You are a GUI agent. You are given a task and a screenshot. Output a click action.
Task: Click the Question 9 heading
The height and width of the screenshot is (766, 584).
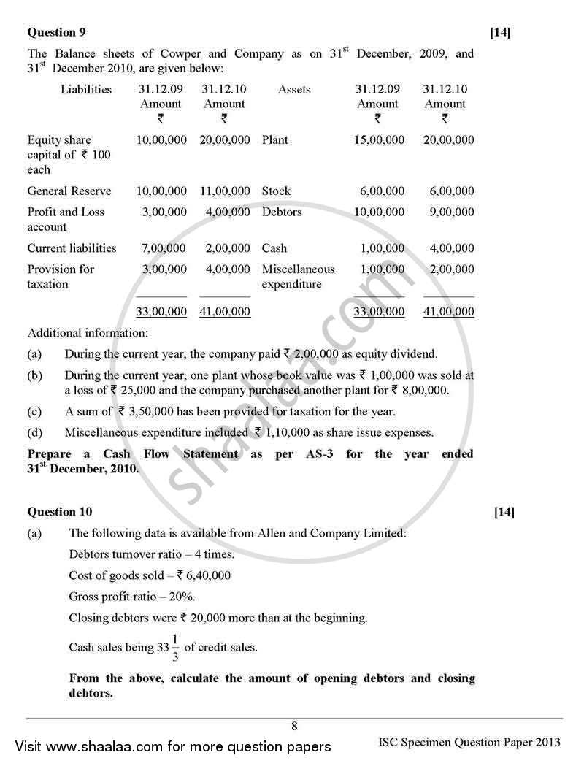[52, 32]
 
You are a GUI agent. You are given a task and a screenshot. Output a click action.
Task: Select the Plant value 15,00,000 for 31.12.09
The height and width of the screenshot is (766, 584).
[379, 139]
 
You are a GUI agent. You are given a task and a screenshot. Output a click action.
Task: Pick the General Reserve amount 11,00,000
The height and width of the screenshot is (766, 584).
[225, 191]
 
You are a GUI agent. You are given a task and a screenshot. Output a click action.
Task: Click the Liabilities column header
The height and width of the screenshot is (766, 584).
[86, 89]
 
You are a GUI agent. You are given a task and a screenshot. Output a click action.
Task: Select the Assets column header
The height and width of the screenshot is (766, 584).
[294, 90]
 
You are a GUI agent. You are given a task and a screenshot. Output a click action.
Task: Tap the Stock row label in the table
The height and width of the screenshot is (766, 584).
[276, 191]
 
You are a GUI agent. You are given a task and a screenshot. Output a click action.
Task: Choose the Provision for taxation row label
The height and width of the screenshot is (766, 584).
[61, 276]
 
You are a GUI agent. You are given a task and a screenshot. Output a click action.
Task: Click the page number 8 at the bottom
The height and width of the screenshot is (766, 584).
[294, 726]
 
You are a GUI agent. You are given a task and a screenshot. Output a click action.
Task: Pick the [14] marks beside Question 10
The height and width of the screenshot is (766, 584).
[504, 512]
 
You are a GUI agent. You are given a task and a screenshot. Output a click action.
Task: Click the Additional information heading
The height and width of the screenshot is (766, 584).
[88, 333]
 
